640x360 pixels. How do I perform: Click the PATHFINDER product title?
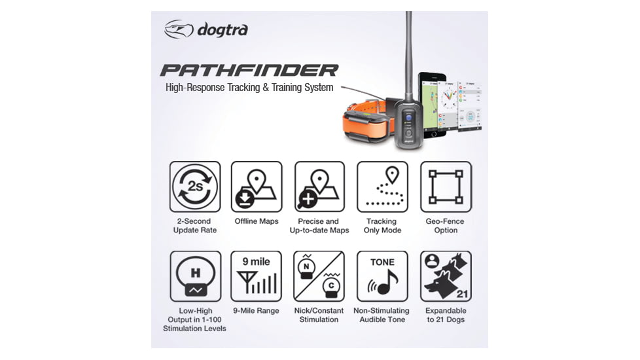pos(249,70)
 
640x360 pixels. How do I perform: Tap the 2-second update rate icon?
pos(195,187)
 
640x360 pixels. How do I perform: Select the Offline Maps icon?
pos(257,187)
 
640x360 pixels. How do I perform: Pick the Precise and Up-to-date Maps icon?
pos(319,187)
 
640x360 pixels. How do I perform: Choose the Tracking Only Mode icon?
pos(382,187)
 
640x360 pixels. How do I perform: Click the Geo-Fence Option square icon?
pos(446,187)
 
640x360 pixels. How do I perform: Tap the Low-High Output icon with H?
pos(195,276)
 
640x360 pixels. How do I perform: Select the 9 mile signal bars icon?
pos(257,276)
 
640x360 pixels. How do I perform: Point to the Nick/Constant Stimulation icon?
pos(319,276)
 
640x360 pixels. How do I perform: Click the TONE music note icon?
pos(382,276)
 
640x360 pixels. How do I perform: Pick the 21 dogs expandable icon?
pos(446,276)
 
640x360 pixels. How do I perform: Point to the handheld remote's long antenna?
pos(408,52)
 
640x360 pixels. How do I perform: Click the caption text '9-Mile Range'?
pos(257,311)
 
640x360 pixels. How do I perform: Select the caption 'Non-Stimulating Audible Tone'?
pos(382,315)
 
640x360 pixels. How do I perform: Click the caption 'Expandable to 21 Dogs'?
pos(446,315)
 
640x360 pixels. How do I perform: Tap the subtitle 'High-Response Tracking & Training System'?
pos(249,88)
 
